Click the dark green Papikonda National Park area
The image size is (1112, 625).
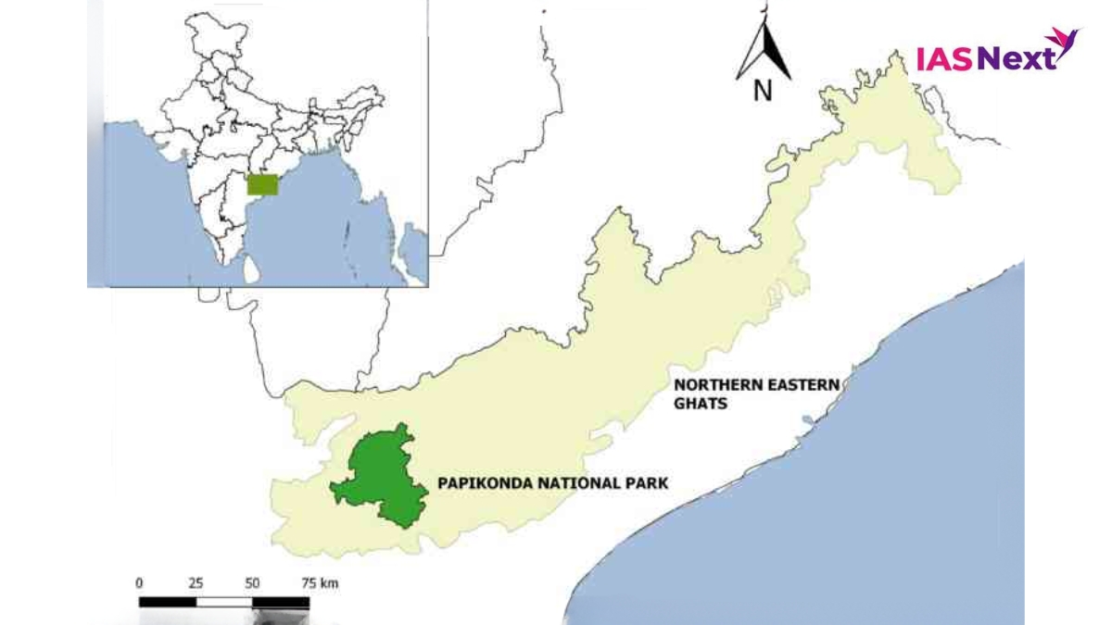(380, 481)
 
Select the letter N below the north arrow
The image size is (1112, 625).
(763, 91)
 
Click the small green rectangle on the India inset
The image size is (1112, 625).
(262, 185)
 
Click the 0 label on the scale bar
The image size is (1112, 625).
(140, 583)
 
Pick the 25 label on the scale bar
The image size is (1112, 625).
(196, 583)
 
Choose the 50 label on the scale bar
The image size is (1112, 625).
(252, 583)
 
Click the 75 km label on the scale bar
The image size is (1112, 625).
(319, 583)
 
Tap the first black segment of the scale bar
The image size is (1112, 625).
(168, 603)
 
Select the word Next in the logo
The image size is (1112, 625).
(1017, 58)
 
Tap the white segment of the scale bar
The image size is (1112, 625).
(224, 603)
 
